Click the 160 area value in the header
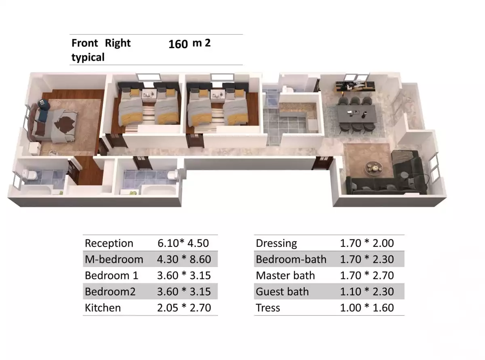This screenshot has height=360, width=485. pos(178,44)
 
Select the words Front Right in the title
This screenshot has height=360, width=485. pos(101,43)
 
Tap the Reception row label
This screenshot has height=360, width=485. pos(109,243)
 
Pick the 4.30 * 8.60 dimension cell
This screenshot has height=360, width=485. pos(184,259)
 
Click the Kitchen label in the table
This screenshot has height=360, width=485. pos(103,308)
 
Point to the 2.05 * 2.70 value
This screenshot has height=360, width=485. pos(184,308)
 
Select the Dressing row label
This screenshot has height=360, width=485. pos(276,243)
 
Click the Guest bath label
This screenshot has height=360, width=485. pos(282,292)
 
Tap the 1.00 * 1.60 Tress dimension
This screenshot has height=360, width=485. pos(367,308)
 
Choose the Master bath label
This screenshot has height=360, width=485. pos(285,276)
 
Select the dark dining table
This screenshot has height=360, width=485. pos(358,113)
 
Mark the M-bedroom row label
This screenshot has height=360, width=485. pos(114,259)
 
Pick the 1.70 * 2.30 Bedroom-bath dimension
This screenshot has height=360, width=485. pos(367,259)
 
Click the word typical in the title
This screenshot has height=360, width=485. pos(88,57)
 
